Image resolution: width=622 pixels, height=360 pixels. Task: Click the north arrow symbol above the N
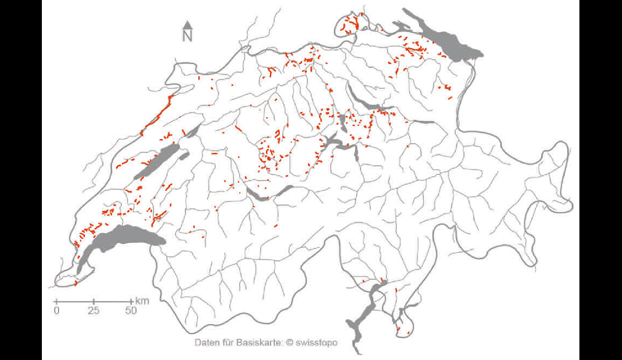click(x=187, y=25)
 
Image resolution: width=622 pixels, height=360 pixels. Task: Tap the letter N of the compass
click(x=187, y=36)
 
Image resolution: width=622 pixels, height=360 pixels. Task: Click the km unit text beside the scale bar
click(x=142, y=302)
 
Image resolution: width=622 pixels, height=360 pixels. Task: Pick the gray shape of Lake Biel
click(x=192, y=131)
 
